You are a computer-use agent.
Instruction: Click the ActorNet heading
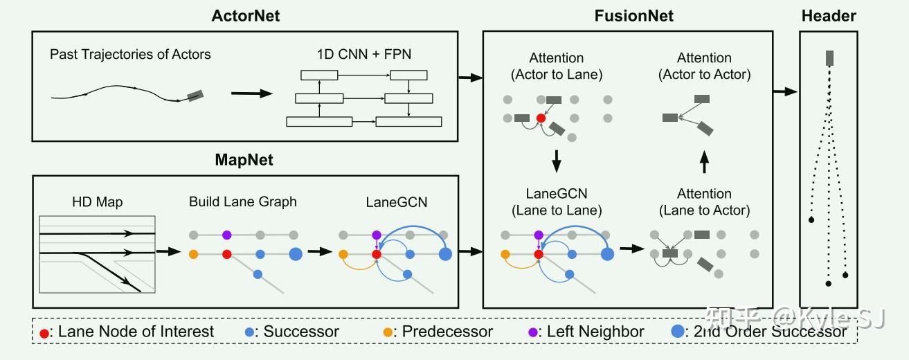click(246, 15)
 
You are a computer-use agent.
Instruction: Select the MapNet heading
click(245, 161)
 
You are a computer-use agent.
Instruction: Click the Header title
click(829, 15)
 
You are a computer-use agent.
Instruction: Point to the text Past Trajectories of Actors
click(130, 54)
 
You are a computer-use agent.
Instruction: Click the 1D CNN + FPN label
click(363, 54)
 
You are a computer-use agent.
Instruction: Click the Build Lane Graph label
click(242, 201)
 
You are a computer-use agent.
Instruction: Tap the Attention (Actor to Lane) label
click(556, 66)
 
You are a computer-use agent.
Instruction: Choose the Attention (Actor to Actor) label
click(704, 66)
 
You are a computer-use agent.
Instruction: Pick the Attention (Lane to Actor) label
click(704, 202)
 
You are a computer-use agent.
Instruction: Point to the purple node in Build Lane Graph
click(226, 235)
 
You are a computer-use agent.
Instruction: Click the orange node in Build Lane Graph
click(193, 254)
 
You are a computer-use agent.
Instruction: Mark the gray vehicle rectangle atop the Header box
click(828, 58)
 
